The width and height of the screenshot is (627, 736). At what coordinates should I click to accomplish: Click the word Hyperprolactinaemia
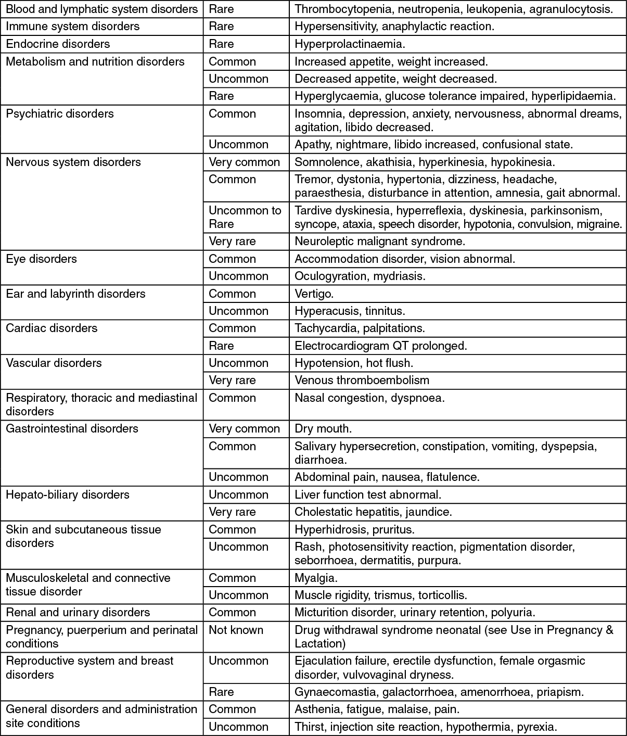coord(350,44)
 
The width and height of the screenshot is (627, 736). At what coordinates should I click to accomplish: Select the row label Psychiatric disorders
coord(60,113)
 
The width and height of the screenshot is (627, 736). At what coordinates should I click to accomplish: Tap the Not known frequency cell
coord(236,630)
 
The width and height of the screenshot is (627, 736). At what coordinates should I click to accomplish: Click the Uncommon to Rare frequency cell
coord(245,217)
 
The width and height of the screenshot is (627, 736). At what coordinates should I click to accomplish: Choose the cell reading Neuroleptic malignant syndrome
coord(380,241)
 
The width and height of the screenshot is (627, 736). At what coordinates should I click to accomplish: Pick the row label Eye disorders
coord(41,259)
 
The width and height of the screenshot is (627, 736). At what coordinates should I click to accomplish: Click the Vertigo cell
coord(314,294)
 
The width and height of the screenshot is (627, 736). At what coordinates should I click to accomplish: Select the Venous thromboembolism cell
coord(362,380)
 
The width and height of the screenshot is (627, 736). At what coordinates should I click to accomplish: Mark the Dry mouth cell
coord(323,428)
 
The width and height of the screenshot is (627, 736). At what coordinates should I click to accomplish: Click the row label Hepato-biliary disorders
coord(68,494)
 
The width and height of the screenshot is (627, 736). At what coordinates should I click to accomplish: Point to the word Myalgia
coord(316,578)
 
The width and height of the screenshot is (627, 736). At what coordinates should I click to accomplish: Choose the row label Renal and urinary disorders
coord(78,612)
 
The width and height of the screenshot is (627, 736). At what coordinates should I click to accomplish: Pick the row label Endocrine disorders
coord(58,44)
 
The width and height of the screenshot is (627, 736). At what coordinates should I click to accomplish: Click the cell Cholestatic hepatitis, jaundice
coord(373,512)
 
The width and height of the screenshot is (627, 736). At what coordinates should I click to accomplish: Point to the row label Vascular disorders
coord(54,363)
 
